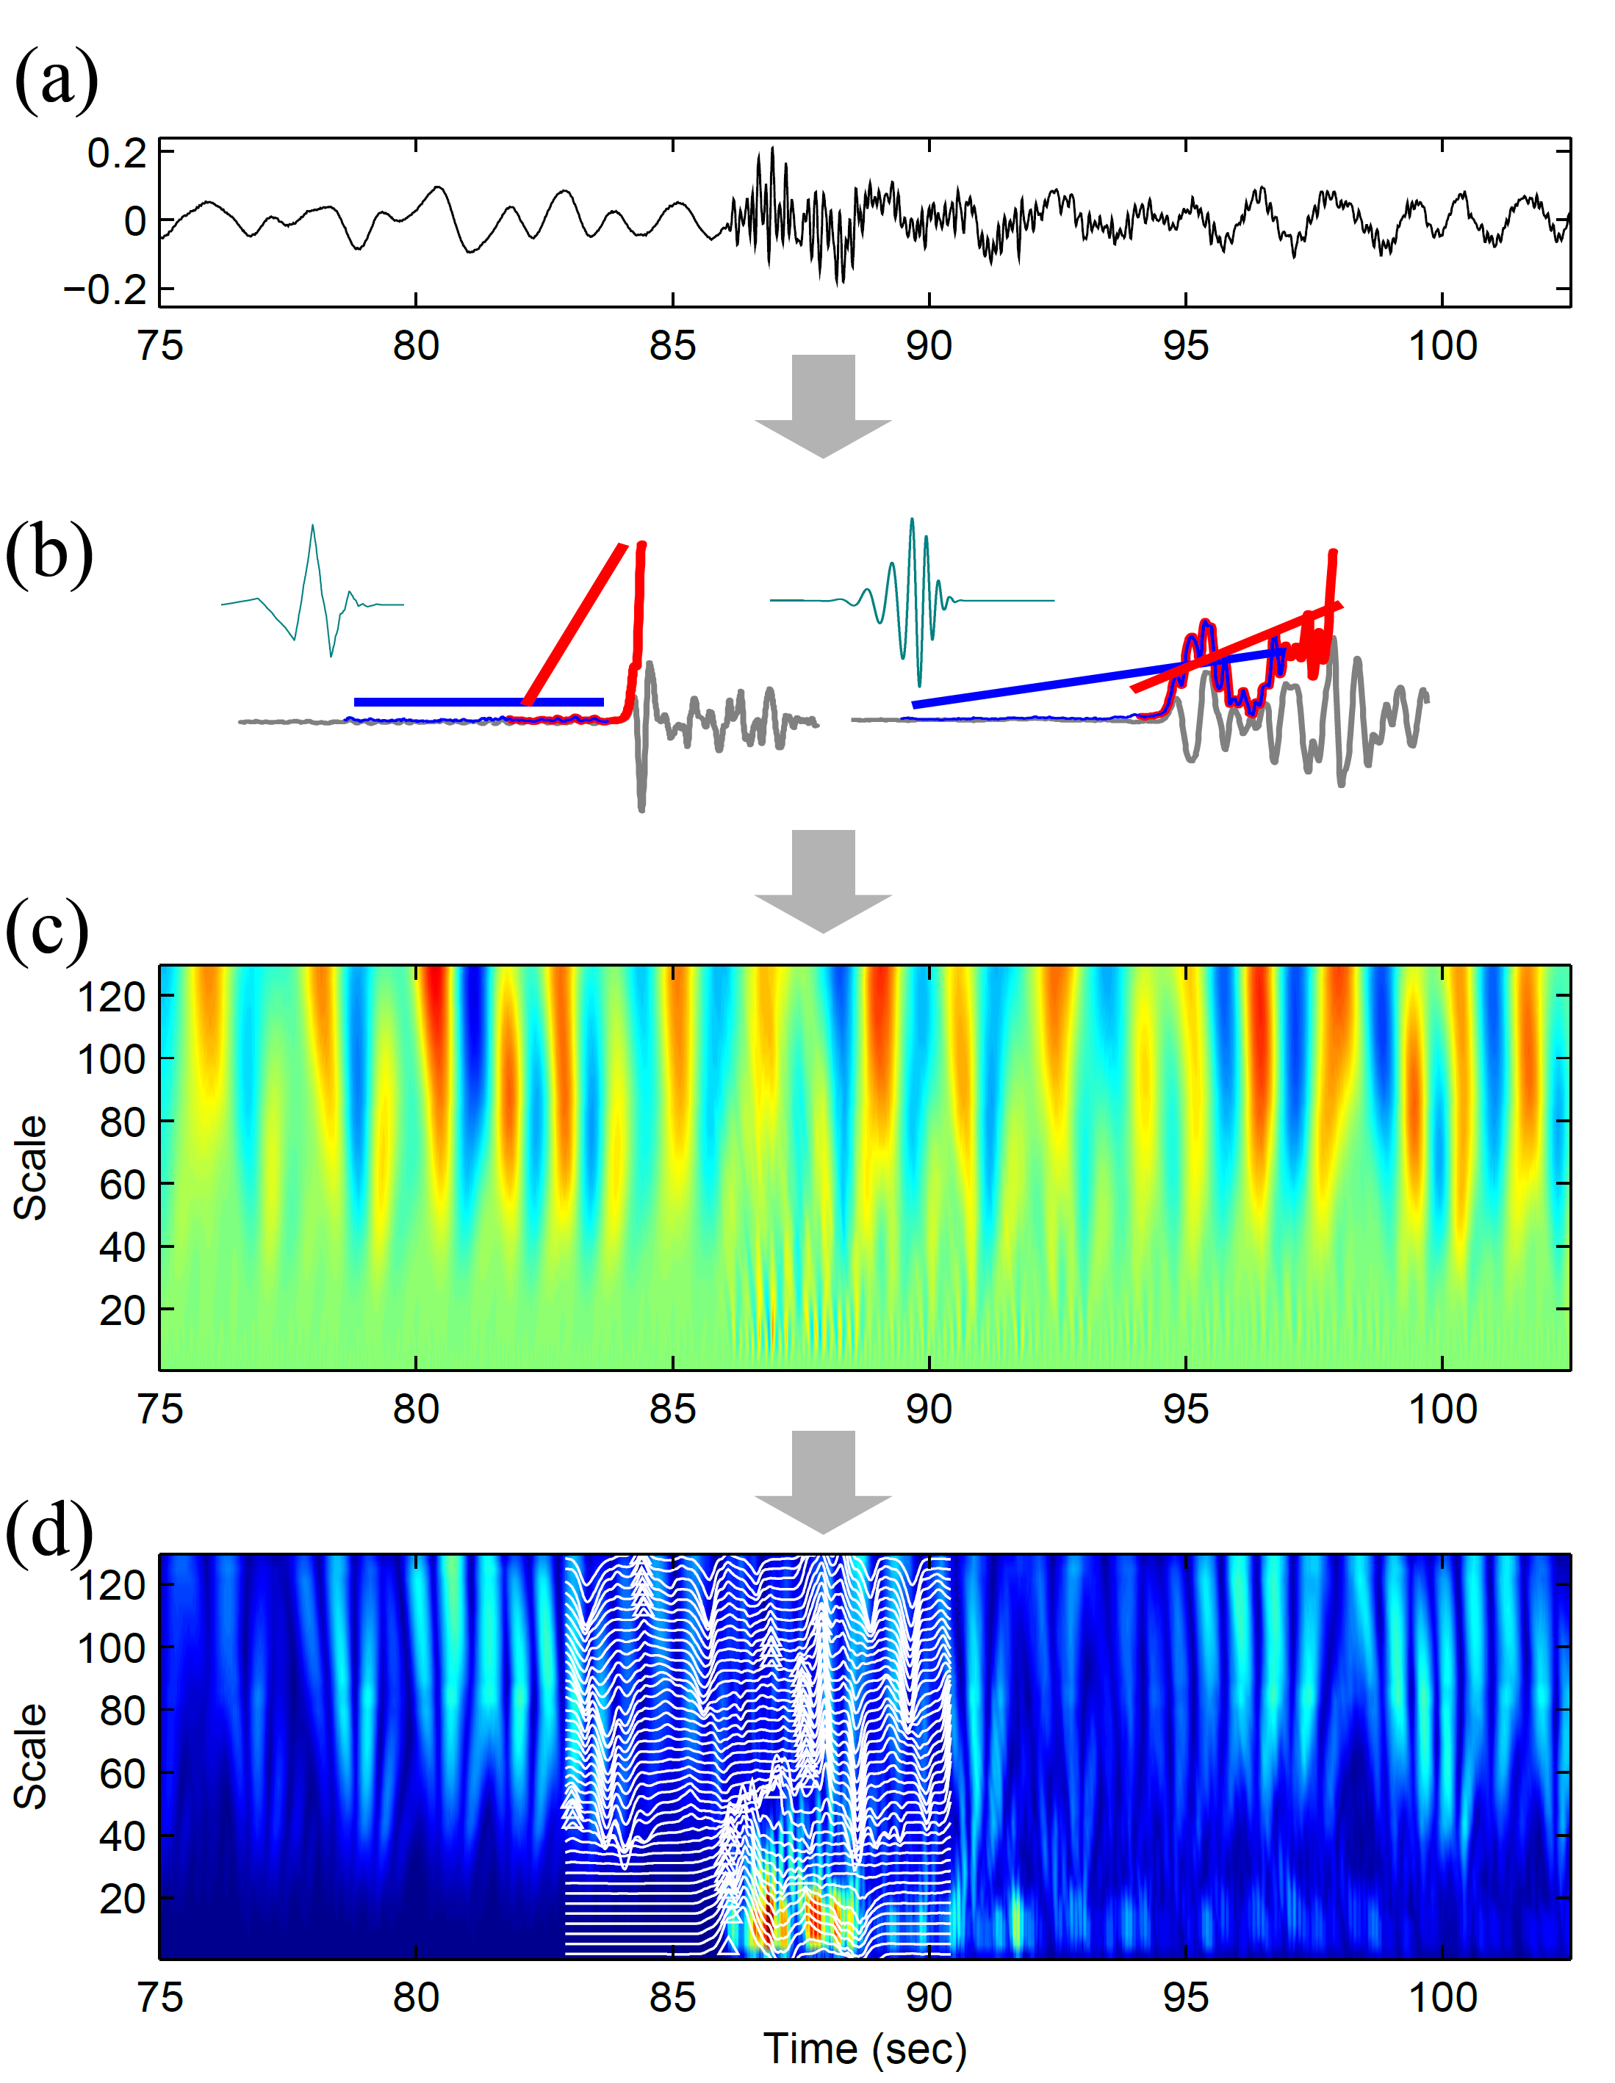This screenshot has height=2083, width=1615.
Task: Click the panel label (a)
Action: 55,79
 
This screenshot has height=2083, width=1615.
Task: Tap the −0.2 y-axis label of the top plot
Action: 105,289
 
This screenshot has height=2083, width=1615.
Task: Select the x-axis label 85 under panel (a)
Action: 672,346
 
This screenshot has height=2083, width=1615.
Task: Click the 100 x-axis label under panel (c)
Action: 1442,1409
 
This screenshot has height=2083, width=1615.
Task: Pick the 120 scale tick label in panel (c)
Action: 111,997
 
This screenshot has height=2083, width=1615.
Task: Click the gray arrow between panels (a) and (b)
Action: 822,405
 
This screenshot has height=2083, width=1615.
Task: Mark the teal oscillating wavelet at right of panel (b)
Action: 911,601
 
